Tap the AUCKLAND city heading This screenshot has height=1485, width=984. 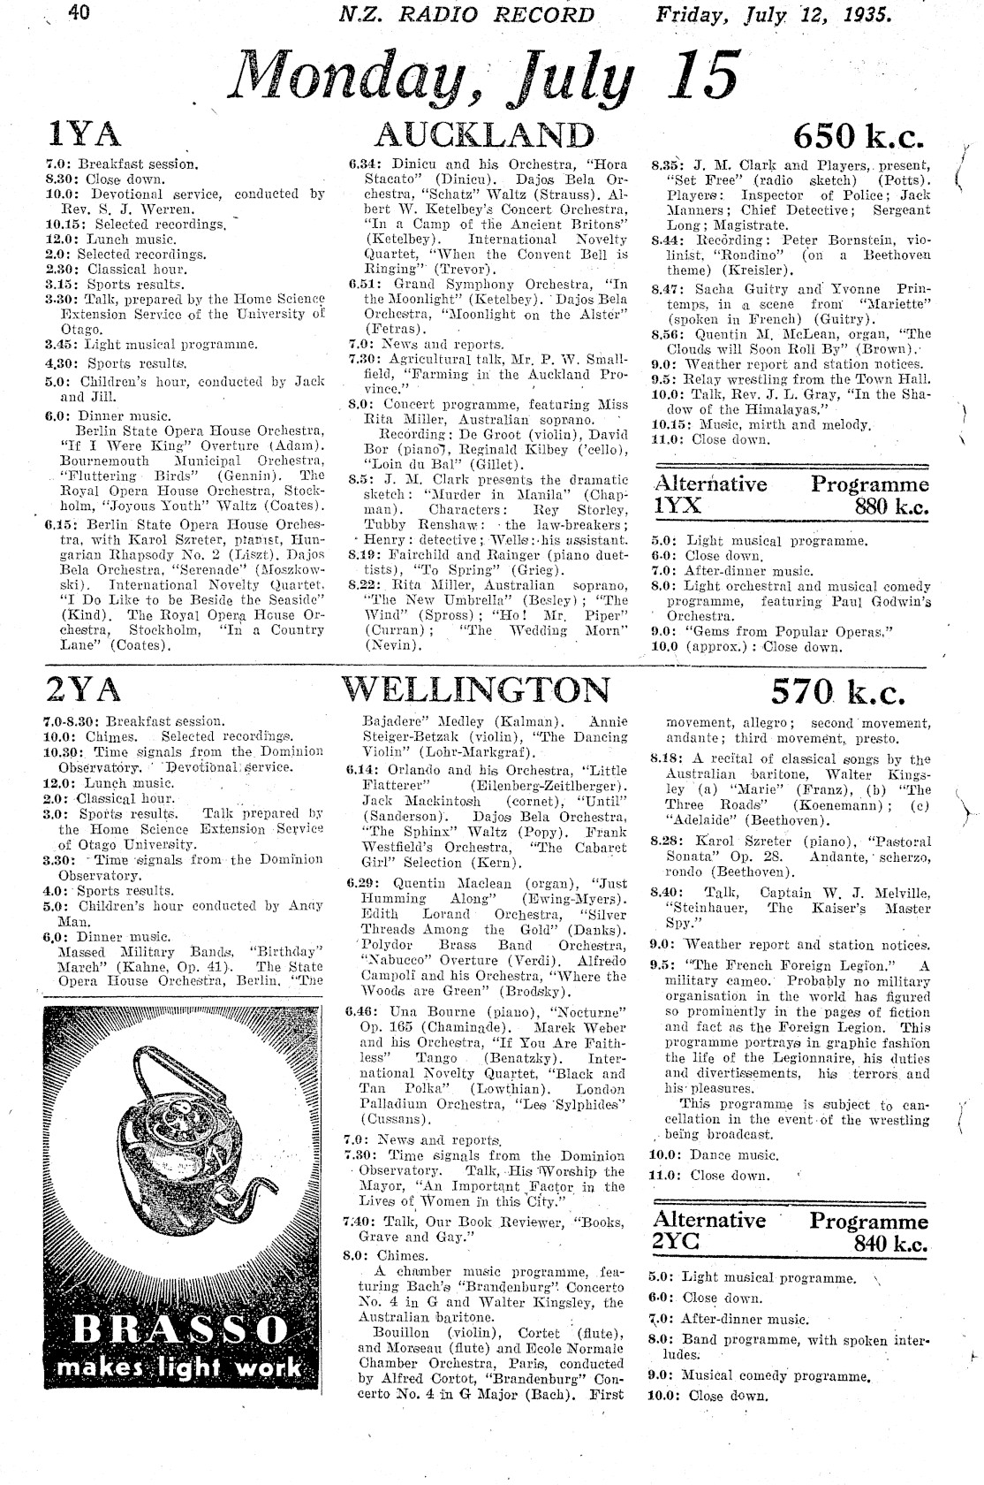[x=484, y=134]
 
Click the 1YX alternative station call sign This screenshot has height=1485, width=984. [x=677, y=506]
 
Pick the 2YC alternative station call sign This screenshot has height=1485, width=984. [x=676, y=1242]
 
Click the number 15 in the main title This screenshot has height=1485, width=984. [x=703, y=74]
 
